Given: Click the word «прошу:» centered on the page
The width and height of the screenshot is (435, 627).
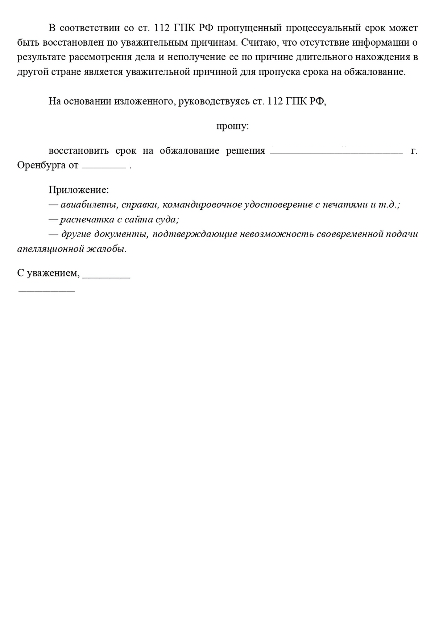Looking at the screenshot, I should tap(232, 127).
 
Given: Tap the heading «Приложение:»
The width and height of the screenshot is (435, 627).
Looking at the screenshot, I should tap(79, 190).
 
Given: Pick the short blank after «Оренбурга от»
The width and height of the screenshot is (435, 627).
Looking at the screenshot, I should tap(104, 168).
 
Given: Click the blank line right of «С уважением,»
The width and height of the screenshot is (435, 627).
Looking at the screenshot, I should tap(106, 277).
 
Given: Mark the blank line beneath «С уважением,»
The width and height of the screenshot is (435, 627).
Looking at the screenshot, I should tap(46, 291).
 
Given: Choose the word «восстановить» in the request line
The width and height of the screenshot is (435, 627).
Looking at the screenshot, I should tap(79, 151).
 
